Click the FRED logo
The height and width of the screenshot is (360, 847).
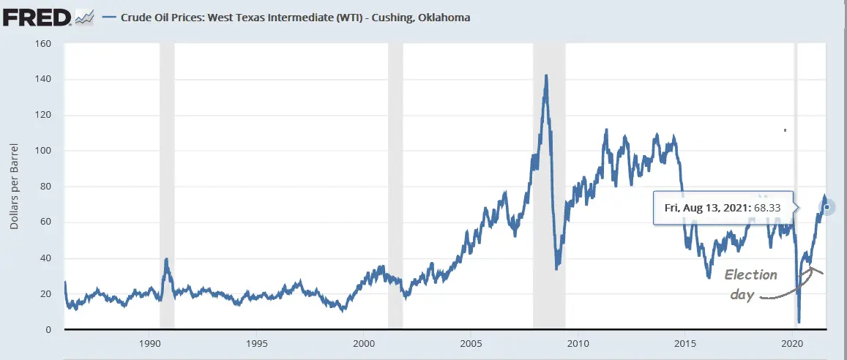tap(37, 15)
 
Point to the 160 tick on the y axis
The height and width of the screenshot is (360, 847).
tap(42, 43)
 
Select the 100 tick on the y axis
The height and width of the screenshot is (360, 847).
tap(42, 151)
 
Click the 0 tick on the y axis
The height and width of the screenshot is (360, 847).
tap(48, 330)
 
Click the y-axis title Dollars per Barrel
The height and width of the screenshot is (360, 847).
tap(14, 187)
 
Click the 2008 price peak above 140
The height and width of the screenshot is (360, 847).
tap(545, 75)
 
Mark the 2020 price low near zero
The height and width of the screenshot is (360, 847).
tap(799, 321)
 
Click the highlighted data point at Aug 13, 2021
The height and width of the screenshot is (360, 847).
tap(827, 207)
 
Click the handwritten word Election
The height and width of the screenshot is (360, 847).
tap(750, 275)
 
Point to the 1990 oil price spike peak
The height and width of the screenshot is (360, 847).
tap(167, 259)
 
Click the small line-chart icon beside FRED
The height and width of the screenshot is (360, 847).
tap(84, 16)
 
